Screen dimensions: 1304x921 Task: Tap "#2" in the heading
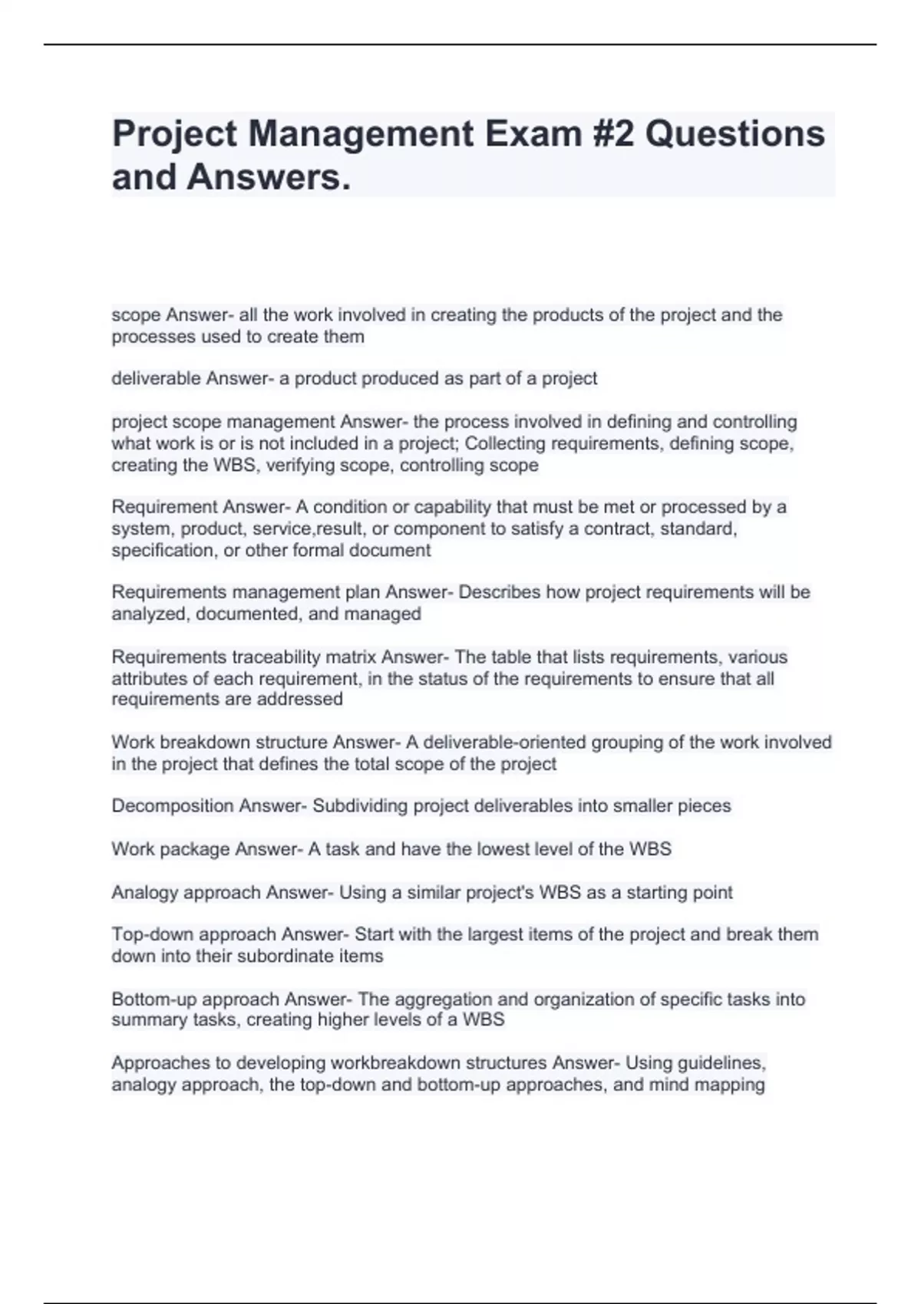point(613,133)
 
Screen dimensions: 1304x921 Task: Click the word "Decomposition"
point(173,806)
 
